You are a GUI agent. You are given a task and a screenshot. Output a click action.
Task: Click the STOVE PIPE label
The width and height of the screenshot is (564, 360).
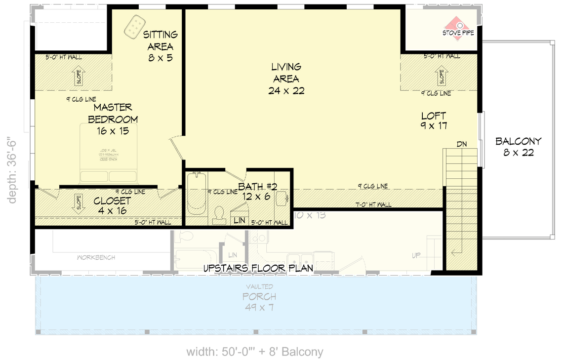pos(458,33)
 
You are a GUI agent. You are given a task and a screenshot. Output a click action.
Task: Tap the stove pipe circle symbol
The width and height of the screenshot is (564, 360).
pos(459,24)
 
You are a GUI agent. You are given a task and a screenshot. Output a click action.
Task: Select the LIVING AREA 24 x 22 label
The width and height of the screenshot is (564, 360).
pos(286,79)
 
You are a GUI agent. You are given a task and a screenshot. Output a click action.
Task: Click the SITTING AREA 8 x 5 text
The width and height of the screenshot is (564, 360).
pos(161,46)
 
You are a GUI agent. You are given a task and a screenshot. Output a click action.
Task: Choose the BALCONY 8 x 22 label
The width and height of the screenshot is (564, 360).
pos(519,147)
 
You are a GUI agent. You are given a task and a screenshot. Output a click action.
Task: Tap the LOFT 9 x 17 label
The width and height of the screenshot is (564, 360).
pos(434,120)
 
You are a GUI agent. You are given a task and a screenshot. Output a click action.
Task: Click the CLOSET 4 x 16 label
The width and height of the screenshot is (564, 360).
pos(112,206)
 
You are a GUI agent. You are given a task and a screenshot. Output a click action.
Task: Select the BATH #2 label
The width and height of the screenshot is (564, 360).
pos(258,191)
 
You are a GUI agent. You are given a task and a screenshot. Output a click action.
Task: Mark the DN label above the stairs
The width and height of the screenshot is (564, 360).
pos(462,144)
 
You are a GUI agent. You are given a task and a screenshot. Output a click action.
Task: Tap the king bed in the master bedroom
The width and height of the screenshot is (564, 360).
pos(109,153)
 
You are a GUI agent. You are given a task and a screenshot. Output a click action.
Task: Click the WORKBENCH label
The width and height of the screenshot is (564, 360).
pos(96,257)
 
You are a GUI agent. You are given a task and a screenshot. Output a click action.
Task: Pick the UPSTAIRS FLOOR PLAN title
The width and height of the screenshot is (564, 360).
pos(258,268)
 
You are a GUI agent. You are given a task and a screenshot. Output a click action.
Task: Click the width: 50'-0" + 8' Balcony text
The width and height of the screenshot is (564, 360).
pos(254,352)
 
